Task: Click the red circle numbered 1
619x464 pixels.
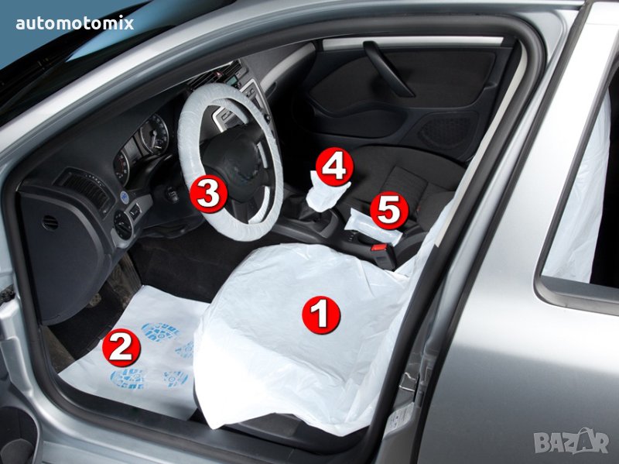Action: coord(321,314)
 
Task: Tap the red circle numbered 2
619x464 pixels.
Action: coord(121,347)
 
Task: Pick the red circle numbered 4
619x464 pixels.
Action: coord(334,167)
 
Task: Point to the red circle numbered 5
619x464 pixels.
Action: coord(389,210)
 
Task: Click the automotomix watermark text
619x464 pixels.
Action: coord(75,23)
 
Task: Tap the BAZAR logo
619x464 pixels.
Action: coord(571,441)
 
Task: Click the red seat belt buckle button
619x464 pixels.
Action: coord(379,248)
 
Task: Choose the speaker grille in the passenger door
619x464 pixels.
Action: coord(446,130)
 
